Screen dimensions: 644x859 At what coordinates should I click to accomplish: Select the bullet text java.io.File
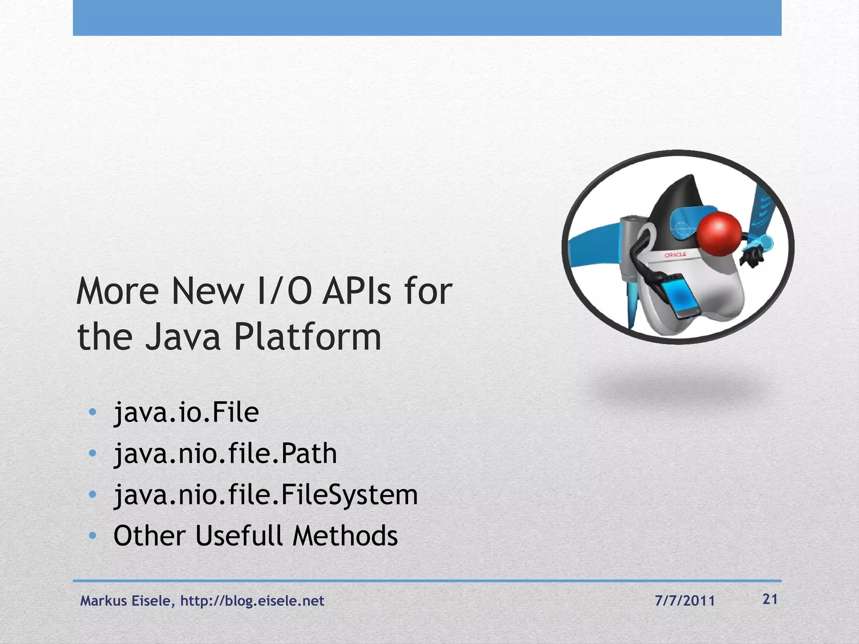pyautogui.click(x=186, y=413)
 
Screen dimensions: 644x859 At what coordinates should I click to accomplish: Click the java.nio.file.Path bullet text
pyautogui.click(x=225, y=454)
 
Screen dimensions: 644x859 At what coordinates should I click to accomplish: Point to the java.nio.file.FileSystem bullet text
pyautogui.click(x=266, y=495)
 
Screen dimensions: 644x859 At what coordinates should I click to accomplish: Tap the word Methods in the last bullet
pyautogui.click(x=345, y=536)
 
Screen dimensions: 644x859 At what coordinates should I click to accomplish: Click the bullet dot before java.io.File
pyautogui.click(x=93, y=412)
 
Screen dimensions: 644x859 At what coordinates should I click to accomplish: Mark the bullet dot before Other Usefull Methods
pyautogui.click(x=93, y=535)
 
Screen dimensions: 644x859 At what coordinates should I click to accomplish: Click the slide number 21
pyautogui.click(x=770, y=600)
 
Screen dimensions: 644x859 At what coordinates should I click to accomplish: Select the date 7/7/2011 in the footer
pyautogui.click(x=685, y=601)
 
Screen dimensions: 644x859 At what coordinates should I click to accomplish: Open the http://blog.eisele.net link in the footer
pyautogui.click(x=252, y=601)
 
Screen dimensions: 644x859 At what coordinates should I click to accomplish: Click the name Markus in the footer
pyautogui.click(x=104, y=601)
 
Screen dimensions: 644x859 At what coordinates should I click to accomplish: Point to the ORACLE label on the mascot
pyautogui.click(x=675, y=255)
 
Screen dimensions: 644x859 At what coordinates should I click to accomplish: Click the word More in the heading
pyautogui.click(x=118, y=291)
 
